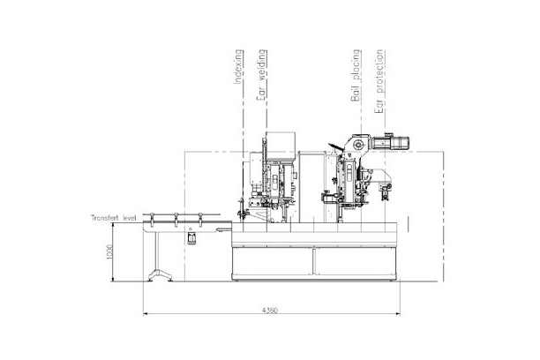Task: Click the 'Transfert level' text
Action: (x=112, y=217)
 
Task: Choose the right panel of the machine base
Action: (x=353, y=265)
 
